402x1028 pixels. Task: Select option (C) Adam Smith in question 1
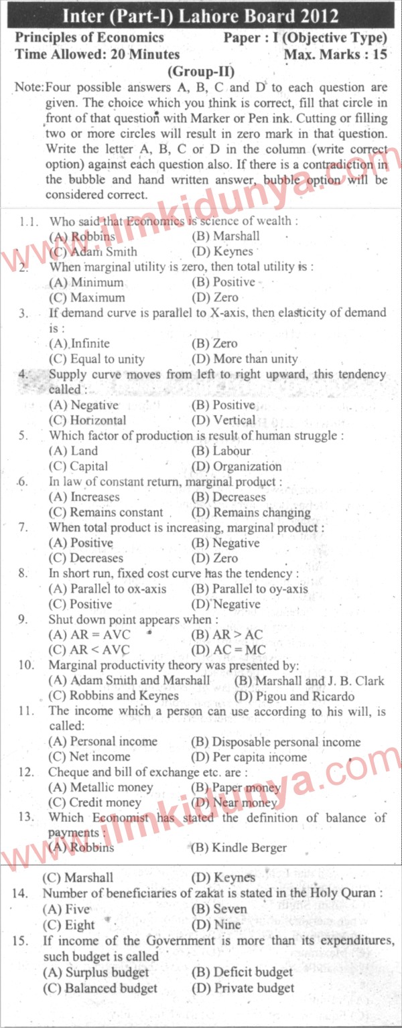[x=93, y=252]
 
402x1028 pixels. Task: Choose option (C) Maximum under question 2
[x=87, y=297]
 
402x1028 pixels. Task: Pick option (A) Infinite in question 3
[x=80, y=344]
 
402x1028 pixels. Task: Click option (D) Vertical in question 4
[x=223, y=421]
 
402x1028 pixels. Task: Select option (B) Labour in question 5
[x=221, y=451]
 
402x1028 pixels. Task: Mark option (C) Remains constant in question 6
[x=107, y=512]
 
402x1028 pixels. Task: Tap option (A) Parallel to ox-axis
[x=108, y=589]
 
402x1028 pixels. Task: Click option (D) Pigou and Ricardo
[x=295, y=696]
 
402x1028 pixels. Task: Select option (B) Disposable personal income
[x=275, y=742]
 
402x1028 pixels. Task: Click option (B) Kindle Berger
[x=239, y=848]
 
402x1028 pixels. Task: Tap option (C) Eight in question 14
[x=68, y=925]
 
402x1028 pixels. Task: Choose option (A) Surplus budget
[x=96, y=972]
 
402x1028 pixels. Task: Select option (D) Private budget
[x=243, y=988]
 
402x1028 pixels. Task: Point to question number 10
[x=26, y=666]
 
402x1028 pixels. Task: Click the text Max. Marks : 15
[x=335, y=54]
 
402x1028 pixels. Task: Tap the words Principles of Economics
[x=89, y=38]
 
